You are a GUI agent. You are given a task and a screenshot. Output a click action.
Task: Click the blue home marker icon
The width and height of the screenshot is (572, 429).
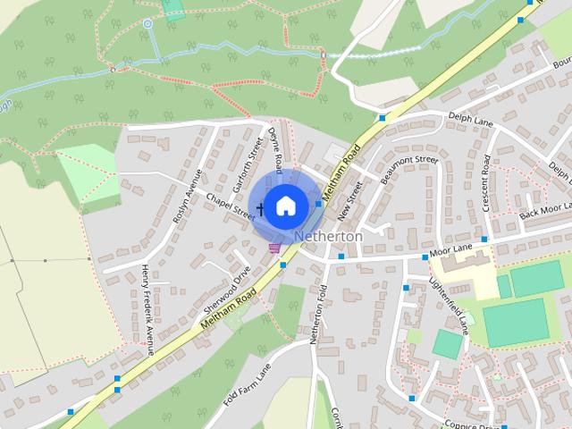coord(284,206)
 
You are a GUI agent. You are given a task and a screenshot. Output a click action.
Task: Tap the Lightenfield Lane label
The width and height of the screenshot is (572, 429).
coord(449,304)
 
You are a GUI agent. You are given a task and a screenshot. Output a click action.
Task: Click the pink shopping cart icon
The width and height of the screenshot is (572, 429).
coord(275,248)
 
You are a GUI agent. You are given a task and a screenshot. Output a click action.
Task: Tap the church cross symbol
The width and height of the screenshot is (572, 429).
coord(261,209)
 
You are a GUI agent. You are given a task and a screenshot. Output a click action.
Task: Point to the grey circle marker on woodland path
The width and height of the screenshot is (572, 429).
coord(147,23)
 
